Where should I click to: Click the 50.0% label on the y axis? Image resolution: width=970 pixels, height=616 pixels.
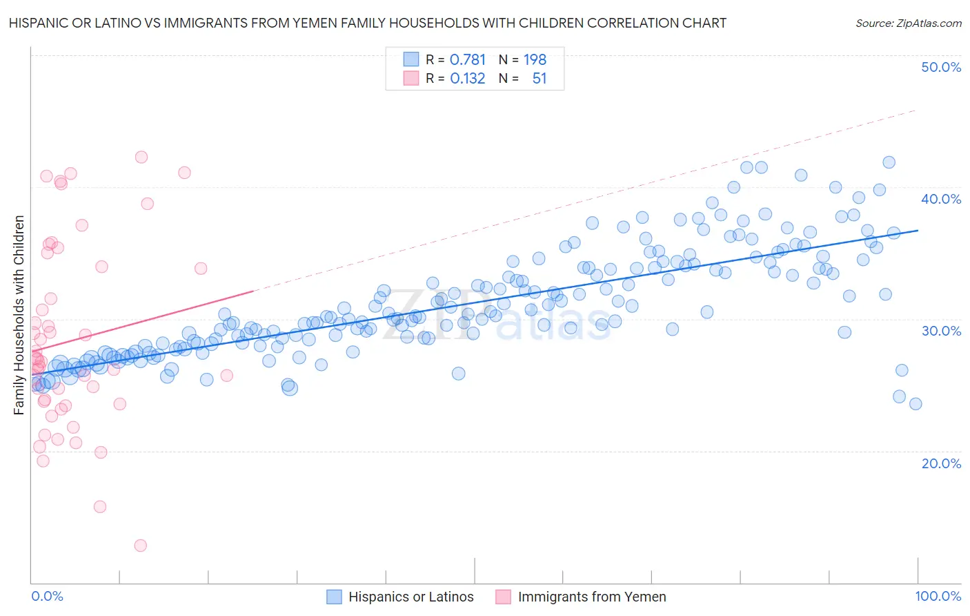(x=941, y=67)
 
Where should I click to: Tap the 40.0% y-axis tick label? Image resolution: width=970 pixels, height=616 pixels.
(x=941, y=199)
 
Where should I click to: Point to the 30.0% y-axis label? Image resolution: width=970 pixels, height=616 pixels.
(x=941, y=331)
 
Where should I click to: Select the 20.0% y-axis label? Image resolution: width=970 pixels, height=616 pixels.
(x=941, y=463)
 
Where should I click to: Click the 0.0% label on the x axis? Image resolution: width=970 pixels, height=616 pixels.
(x=47, y=596)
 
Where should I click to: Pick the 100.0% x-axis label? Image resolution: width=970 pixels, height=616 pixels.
(x=938, y=596)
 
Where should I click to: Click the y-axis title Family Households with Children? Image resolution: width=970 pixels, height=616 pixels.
(x=19, y=315)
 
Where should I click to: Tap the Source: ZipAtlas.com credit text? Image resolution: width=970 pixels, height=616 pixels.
(x=908, y=23)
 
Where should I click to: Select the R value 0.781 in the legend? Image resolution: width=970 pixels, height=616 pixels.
(x=467, y=60)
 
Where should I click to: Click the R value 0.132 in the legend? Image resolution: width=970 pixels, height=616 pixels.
(x=467, y=79)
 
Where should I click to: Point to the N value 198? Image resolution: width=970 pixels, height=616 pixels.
(x=535, y=60)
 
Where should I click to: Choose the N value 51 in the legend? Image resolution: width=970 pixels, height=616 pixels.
(x=539, y=79)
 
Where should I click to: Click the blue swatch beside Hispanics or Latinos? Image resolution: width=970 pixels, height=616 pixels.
(x=334, y=597)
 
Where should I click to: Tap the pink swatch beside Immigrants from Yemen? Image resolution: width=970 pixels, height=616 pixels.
(x=504, y=597)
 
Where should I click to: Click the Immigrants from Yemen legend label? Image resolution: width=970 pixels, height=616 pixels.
(x=592, y=597)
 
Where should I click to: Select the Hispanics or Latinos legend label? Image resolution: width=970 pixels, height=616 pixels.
(x=411, y=597)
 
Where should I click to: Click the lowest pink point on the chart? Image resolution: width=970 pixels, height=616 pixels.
(x=140, y=546)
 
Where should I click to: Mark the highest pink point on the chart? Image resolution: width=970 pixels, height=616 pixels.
(x=141, y=157)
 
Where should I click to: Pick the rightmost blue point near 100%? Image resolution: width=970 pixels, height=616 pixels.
(x=915, y=404)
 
